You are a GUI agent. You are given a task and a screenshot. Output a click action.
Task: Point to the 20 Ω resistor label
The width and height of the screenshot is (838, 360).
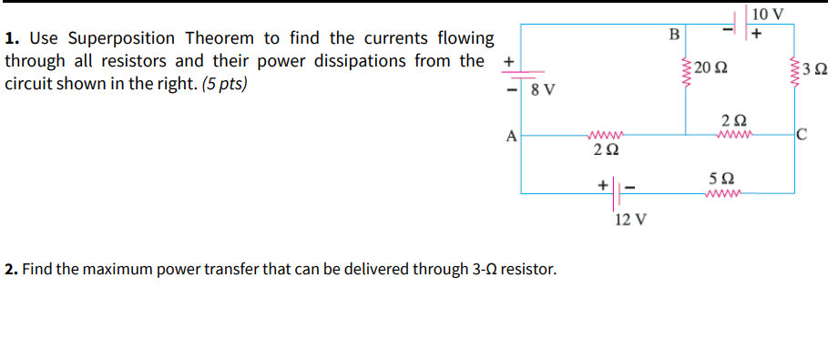(710, 68)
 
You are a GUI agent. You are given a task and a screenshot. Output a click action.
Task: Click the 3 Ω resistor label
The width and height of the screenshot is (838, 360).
(816, 69)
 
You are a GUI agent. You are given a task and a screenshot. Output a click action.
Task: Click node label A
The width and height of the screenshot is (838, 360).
(512, 137)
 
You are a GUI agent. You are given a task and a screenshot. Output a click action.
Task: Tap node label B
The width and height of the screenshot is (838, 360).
(674, 35)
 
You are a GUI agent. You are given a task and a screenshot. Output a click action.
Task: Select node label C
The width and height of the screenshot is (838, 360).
(802, 137)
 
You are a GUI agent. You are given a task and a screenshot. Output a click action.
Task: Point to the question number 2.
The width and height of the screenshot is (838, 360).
(9, 270)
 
